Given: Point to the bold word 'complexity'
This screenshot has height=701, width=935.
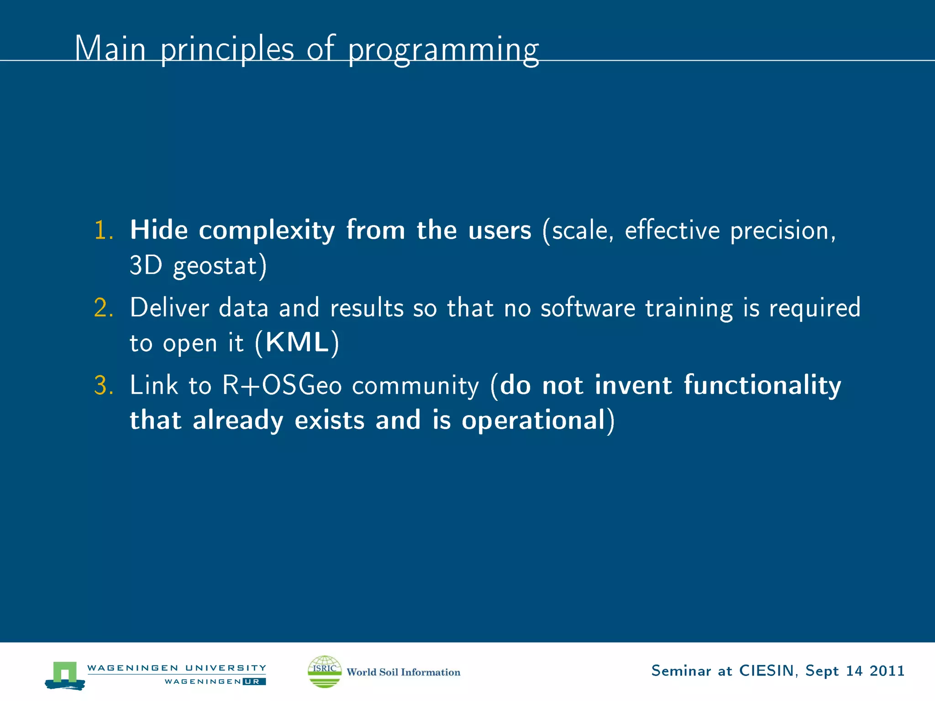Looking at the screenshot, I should [x=267, y=230].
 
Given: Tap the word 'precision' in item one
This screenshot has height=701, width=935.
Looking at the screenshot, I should [x=782, y=230].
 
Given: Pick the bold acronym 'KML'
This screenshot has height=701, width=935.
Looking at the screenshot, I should [x=297, y=342].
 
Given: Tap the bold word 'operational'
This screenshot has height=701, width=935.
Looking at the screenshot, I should [x=533, y=420].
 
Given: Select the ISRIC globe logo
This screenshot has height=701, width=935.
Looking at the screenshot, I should [x=325, y=671].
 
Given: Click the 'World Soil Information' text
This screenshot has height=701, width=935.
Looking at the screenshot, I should [x=403, y=672].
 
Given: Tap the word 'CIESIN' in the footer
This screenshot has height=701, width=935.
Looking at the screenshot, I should [x=767, y=670].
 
